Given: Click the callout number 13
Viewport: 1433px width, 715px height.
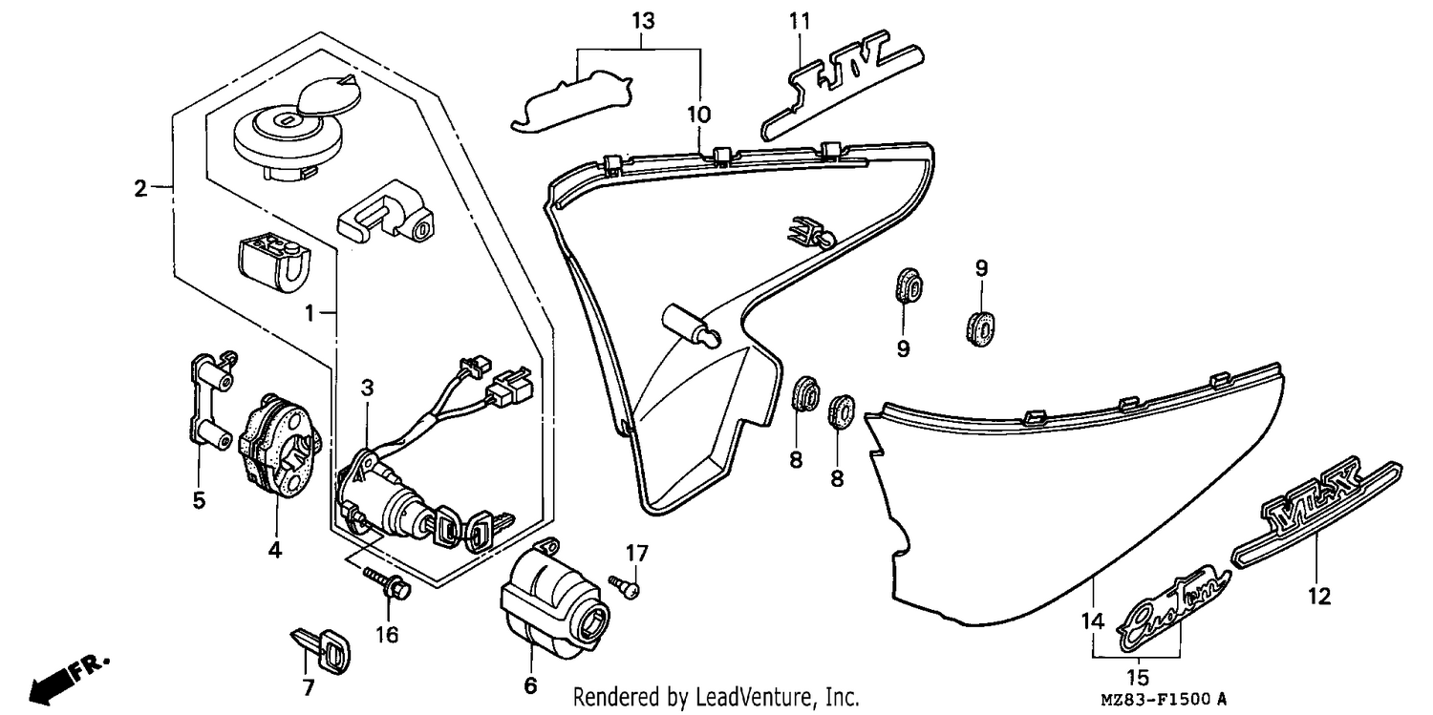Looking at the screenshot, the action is [x=644, y=21].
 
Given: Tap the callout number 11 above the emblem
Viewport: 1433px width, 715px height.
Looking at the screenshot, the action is [x=800, y=21].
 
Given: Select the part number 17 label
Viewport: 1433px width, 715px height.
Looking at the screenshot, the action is [x=636, y=553].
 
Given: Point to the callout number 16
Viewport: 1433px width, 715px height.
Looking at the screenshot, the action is [x=387, y=635].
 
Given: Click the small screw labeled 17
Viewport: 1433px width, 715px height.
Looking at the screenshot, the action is [x=625, y=587].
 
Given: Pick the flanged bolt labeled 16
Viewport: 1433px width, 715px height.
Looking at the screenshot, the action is [x=388, y=583].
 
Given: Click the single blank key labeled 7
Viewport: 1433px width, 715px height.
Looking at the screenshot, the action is [x=322, y=648].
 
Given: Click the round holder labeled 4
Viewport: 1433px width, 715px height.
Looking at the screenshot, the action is [x=280, y=446].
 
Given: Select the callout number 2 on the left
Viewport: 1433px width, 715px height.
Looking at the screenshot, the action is [x=140, y=188].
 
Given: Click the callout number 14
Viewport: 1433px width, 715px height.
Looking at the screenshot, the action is [x=1093, y=620].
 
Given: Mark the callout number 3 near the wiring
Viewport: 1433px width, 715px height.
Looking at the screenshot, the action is [x=367, y=388].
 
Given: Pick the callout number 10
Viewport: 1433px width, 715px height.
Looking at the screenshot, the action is [x=698, y=115].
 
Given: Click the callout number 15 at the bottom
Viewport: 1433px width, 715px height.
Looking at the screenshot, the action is [x=1138, y=677].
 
